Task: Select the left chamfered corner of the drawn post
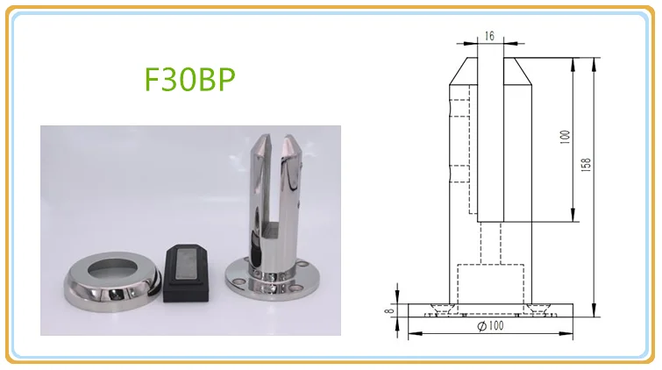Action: [459, 70]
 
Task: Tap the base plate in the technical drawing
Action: [489, 306]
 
